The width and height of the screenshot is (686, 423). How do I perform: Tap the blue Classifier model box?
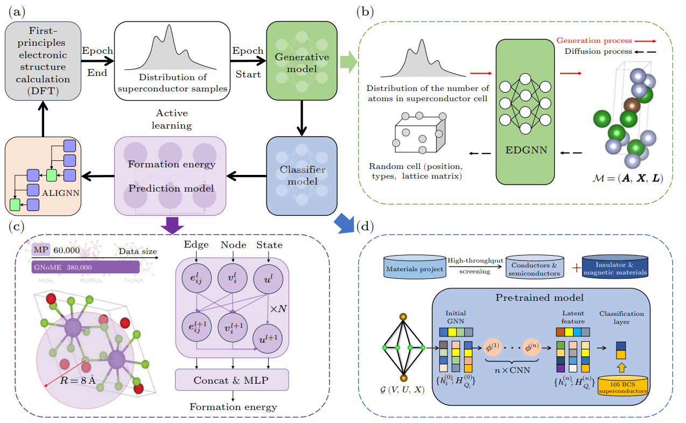click(302, 174)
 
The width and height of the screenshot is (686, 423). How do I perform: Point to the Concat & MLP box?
click(232, 380)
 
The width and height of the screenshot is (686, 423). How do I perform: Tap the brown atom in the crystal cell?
click(631, 105)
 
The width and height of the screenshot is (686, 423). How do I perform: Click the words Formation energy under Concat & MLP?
click(233, 407)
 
